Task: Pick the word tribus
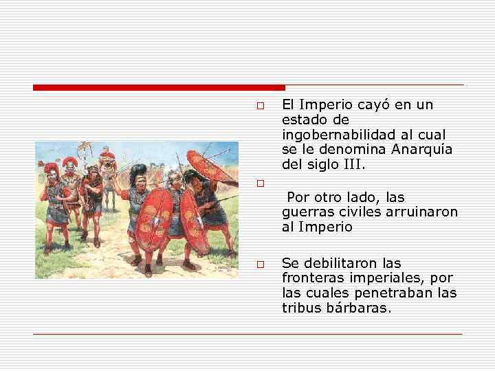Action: tap(298, 308)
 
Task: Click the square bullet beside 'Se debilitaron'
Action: tap(260, 265)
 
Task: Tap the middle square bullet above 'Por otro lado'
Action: tap(260, 184)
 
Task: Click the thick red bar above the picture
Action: tap(158, 87)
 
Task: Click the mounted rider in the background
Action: tap(107, 160)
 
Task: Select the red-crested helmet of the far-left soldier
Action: tap(50, 167)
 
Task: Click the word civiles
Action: tap(356, 212)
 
